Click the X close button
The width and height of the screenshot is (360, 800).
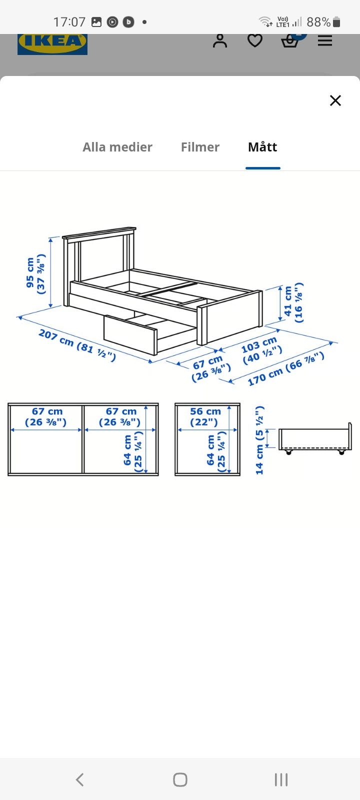[x=335, y=100]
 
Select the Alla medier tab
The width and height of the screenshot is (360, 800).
[x=117, y=147]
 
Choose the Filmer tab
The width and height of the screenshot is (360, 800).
[x=200, y=147]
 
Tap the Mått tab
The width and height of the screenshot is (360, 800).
[x=262, y=147]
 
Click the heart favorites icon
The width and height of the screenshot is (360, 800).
[x=255, y=40]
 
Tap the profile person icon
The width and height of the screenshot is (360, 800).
[x=220, y=40]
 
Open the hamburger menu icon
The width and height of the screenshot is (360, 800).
[x=325, y=40]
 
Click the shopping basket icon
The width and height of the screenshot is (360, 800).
[x=290, y=41]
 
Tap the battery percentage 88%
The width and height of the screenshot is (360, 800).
[x=318, y=22]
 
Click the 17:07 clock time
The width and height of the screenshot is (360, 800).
[x=69, y=22]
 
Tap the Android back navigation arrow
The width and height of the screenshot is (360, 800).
[x=80, y=779]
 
